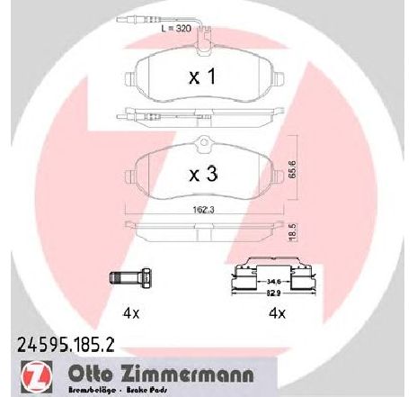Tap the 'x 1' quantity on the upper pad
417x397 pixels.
[202, 78]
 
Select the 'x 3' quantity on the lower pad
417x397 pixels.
[204, 177]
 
